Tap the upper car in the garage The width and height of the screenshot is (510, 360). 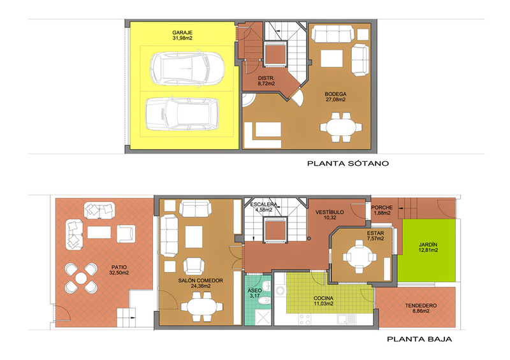click(187, 69)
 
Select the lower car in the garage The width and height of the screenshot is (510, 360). click(182, 113)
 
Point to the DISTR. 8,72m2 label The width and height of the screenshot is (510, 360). click(266, 81)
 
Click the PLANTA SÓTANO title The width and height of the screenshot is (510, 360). click(348, 163)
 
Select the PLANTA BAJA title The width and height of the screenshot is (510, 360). click(419, 339)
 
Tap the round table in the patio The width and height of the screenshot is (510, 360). click(81, 278)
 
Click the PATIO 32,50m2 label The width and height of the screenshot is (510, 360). click(119, 270)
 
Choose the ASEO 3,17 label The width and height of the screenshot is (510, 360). click(254, 293)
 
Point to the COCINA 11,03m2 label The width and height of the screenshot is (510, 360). click(323, 301)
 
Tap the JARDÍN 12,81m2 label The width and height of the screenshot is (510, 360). click(428, 247)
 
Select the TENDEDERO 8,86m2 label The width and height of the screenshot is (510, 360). click(421, 308)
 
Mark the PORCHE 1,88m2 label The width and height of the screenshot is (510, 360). click(382, 210)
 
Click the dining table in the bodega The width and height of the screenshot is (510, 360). click(340, 127)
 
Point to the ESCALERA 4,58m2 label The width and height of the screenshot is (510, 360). click(263, 207)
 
